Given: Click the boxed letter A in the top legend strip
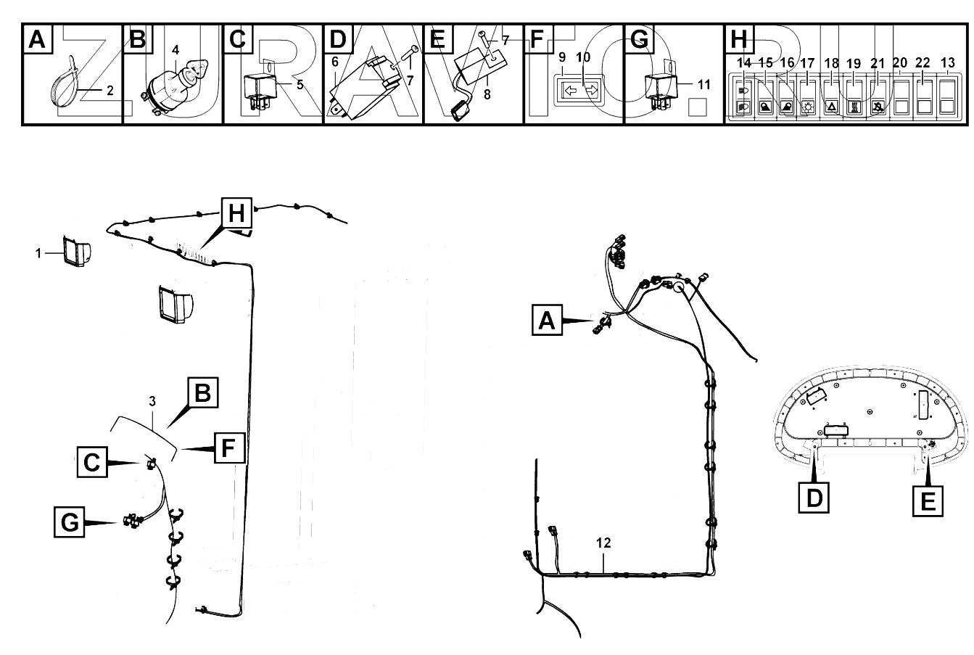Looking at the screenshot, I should pos(36,39).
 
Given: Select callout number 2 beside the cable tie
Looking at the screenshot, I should pos(110,91).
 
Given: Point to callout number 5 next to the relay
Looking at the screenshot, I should pos(300,83).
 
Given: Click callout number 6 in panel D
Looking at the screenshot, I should pos(335,62).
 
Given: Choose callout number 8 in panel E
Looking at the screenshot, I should pos(487,94).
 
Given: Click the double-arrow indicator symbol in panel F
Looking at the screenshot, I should pos(578,91).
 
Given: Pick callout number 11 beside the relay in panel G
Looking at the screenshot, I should pos(703,84).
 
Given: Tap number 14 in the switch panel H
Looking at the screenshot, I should pos(743,62).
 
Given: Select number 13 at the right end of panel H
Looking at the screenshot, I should pos(947,62).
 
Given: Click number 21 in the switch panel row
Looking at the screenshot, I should pos(878,62).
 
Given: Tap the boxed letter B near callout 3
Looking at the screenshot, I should pos(202,392).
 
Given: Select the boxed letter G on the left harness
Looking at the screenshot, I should pos(70,522).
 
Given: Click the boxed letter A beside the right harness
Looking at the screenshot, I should pos(547,319).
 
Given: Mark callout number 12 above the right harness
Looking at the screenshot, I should pos(603,543).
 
